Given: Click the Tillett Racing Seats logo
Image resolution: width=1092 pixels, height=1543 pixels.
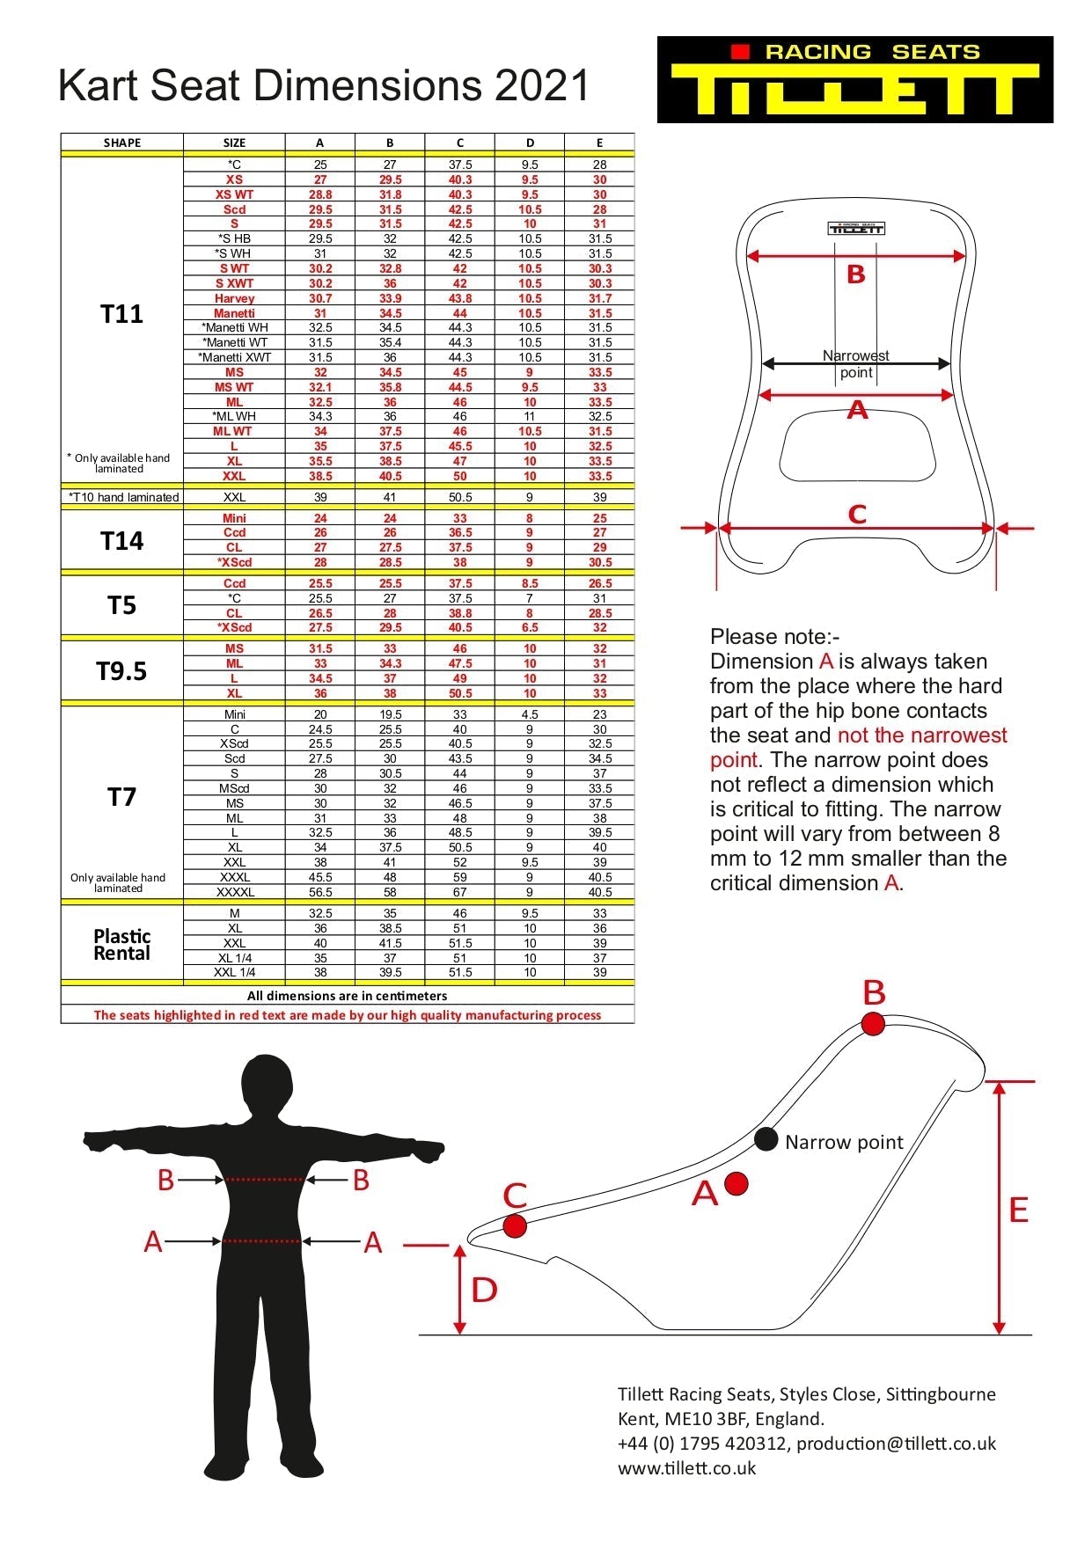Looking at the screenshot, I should tap(854, 79).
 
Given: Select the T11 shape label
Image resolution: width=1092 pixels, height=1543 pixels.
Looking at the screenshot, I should tap(121, 314).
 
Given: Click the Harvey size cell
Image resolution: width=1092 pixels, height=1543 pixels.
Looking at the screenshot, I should tap(234, 298).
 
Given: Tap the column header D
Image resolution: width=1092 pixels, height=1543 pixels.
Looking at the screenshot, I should tap(530, 143).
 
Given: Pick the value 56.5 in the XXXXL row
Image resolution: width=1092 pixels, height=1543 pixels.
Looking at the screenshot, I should tap(320, 892).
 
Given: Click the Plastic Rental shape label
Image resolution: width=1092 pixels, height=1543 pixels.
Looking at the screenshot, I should tap(121, 945).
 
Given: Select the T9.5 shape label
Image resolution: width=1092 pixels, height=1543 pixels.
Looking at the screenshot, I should tap(121, 671).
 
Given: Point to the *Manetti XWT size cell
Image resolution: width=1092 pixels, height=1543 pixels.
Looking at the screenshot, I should tap(234, 357).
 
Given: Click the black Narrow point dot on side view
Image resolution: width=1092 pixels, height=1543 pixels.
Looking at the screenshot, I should tap(766, 1139).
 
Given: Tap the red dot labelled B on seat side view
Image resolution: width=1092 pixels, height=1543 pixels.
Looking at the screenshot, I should tap(873, 1024).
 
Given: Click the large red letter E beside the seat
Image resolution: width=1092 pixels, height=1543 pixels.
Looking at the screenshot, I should tap(1018, 1210).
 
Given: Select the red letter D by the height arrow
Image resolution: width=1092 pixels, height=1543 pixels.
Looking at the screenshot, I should tap(485, 1291).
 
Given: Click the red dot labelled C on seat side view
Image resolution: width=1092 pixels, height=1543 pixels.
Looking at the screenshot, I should tap(515, 1225).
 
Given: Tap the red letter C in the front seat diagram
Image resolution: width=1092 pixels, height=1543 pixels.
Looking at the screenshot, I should tap(857, 515).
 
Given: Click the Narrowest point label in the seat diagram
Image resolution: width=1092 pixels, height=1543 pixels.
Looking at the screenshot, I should tap(855, 363).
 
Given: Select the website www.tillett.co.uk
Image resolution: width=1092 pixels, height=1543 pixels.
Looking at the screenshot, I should tap(686, 1468).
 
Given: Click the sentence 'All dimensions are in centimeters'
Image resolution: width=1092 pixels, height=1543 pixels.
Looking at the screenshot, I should tap(347, 996).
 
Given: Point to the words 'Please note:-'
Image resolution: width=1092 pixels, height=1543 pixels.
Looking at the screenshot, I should tap(774, 636).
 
